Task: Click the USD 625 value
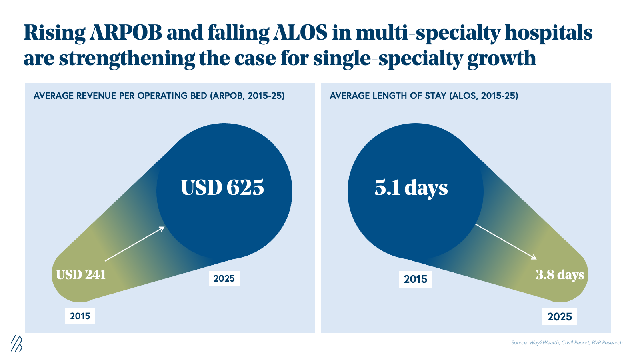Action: [x=222, y=187]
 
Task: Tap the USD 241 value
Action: [x=81, y=275]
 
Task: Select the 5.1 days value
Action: [x=411, y=187]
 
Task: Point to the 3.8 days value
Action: [x=560, y=275]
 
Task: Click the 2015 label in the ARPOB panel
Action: [x=80, y=316]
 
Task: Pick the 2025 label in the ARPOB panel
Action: [x=224, y=278]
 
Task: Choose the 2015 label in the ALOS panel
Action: [x=416, y=279]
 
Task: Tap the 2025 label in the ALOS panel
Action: [x=560, y=317]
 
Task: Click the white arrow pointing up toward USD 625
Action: [x=135, y=244]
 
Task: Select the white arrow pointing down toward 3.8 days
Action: [x=506, y=242]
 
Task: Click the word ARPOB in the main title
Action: [x=126, y=33]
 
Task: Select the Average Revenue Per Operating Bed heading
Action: [x=159, y=96]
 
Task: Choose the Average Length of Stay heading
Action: [x=424, y=96]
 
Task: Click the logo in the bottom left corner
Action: [x=16, y=343]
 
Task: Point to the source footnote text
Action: [x=566, y=342]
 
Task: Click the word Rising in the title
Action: [x=54, y=33]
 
